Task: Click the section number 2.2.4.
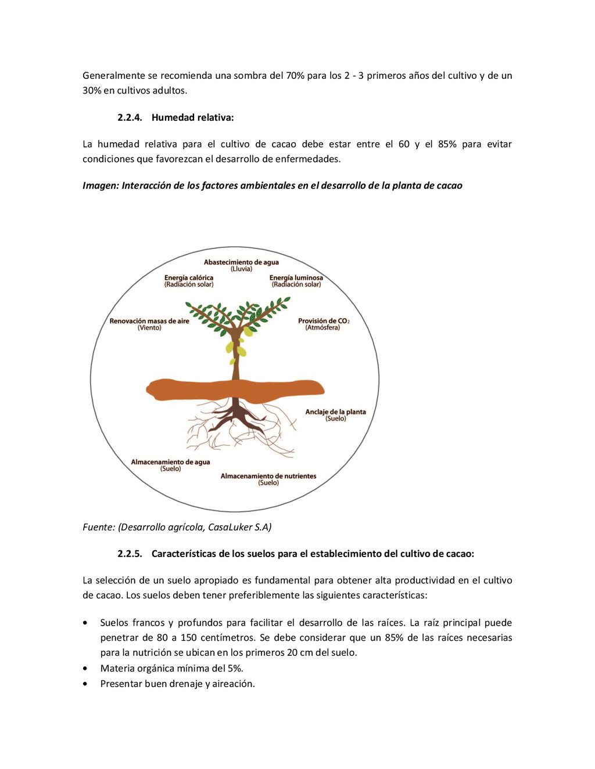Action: [130, 117]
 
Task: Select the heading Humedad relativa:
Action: [192, 117]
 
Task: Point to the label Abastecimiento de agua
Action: [241, 262]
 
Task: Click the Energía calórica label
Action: [189, 278]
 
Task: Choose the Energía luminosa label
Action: [296, 278]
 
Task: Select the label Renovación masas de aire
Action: [149, 321]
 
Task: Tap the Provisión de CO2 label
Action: [323, 321]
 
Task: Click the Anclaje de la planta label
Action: [335, 412]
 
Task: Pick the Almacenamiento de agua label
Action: [170, 462]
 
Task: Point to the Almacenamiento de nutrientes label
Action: [268, 476]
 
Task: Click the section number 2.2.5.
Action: [130, 554]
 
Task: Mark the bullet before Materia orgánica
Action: [86, 669]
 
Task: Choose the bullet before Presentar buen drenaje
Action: [86, 684]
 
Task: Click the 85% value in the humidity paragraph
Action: [447, 144]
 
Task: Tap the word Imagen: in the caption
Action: [101, 186]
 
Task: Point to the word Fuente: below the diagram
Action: [99, 527]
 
